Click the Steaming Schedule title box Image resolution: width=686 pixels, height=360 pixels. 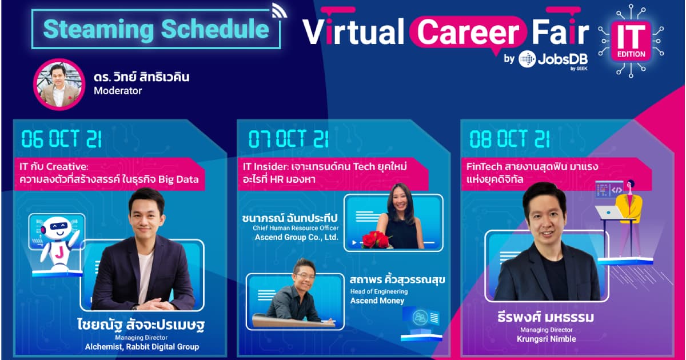[155, 29]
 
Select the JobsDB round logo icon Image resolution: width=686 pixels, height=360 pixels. [527, 59]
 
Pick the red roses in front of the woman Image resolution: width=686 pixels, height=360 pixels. [376, 239]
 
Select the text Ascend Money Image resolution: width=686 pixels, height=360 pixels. [377, 301]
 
